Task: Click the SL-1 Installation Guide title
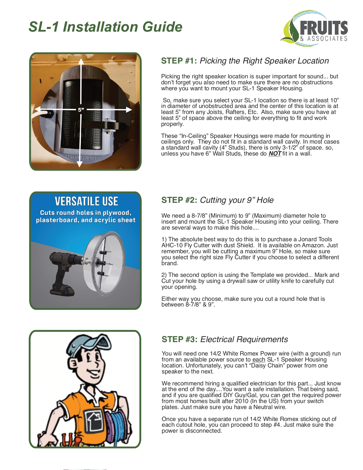pos(105,27)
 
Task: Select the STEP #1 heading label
pos(179,61)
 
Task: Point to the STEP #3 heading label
pos(180,340)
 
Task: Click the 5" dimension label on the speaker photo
pos(81,110)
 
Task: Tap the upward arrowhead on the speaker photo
pos(81,61)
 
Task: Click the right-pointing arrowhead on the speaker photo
pos(129,109)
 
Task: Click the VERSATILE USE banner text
pos(86,201)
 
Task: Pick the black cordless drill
pos(64,272)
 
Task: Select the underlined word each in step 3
pos(259,360)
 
